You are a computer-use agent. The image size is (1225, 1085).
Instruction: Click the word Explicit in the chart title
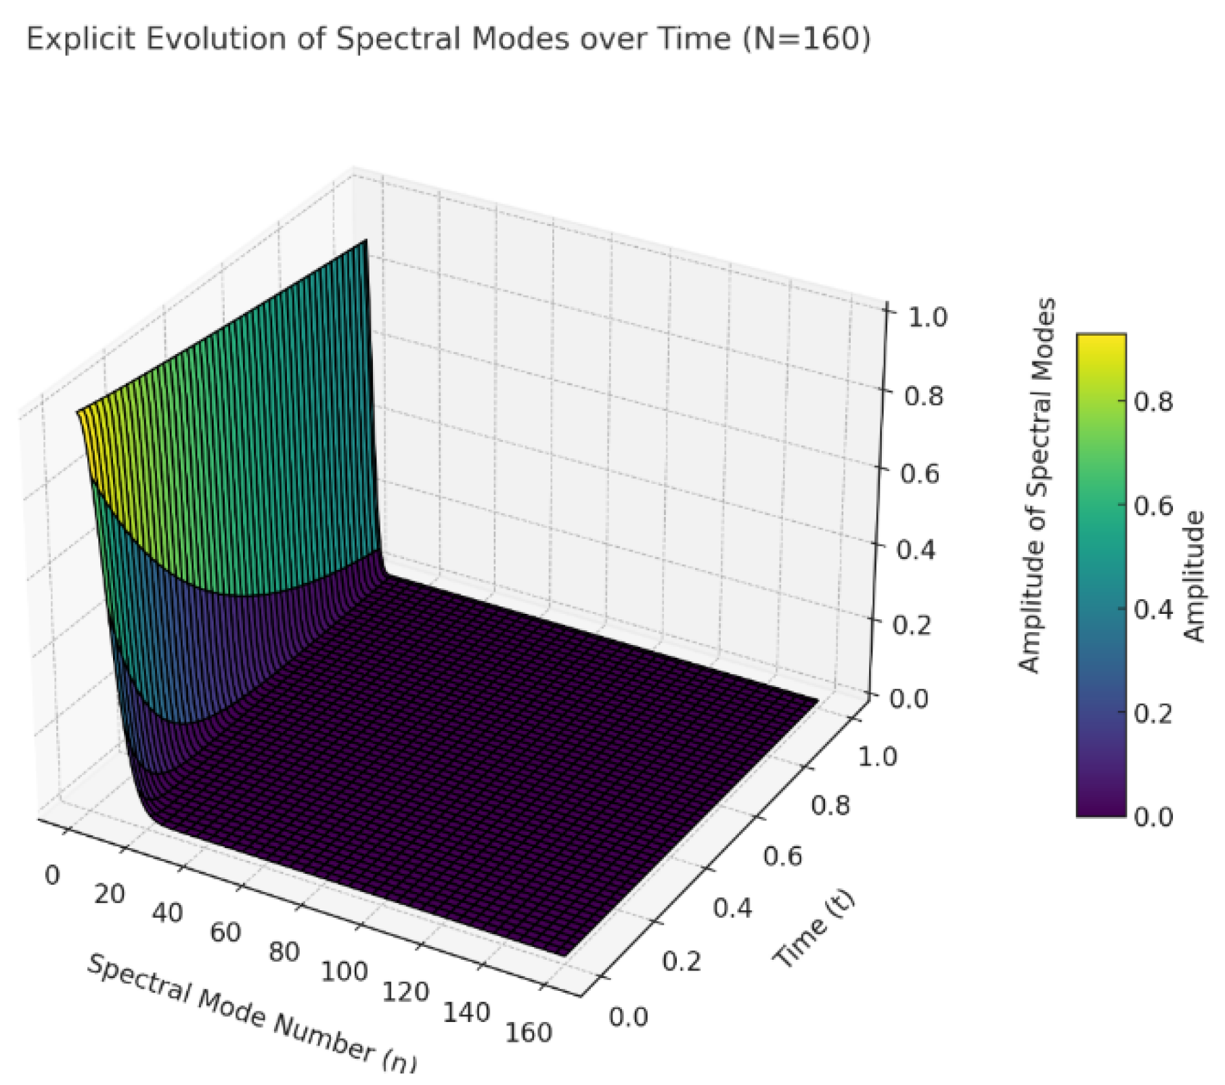(79, 39)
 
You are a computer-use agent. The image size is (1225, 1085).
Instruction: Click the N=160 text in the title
(805, 39)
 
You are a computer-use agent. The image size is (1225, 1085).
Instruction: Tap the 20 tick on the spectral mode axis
(109, 895)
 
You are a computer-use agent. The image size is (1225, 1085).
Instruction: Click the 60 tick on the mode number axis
(225, 933)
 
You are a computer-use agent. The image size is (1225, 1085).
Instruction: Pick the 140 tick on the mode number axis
(466, 1013)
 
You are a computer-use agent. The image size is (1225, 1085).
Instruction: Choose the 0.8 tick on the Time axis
(830, 806)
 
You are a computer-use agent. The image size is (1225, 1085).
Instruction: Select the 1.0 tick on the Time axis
(877, 756)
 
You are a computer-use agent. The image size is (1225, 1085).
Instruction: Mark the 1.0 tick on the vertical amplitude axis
(928, 317)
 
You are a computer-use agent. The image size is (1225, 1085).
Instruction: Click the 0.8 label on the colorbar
(1153, 402)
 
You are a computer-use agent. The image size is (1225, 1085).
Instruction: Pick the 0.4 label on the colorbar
(1153, 609)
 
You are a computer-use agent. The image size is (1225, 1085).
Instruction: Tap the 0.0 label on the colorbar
(1153, 817)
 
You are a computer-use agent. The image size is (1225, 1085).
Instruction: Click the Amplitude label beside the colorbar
(1195, 575)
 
